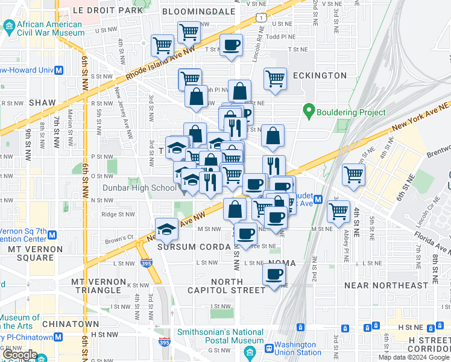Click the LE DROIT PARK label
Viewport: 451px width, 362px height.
click(107, 10)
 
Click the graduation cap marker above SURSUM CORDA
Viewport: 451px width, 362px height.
click(167, 229)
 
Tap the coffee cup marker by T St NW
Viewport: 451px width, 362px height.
click(230, 45)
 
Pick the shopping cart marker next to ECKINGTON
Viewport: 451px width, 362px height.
click(275, 78)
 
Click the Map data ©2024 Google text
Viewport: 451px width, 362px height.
click(414, 357)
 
